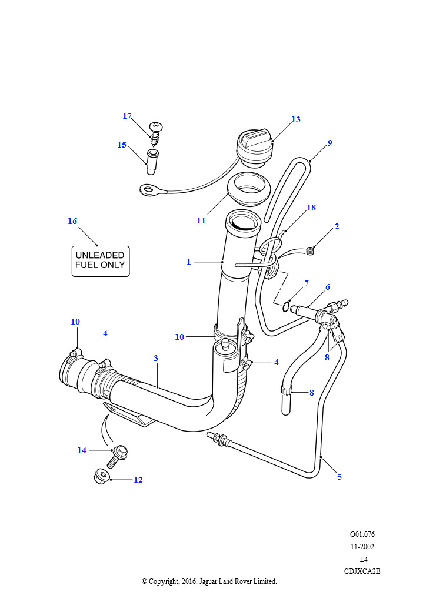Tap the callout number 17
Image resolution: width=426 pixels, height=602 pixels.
[x=127, y=116]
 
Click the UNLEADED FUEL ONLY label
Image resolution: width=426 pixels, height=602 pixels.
[x=100, y=260]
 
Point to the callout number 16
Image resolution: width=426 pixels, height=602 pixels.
[x=72, y=221]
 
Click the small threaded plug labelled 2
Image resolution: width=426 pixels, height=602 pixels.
[x=311, y=252]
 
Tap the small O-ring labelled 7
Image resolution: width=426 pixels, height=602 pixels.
[x=285, y=306]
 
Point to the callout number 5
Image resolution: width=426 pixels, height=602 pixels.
[x=340, y=477]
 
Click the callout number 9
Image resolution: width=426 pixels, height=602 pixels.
[x=330, y=143]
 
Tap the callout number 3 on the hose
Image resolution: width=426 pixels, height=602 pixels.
[x=156, y=358]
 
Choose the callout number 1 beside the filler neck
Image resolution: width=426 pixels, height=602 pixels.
[x=189, y=262]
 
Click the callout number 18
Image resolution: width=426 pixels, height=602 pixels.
[x=311, y=208]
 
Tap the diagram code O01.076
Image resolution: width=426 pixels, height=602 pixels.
[x=362, y=534]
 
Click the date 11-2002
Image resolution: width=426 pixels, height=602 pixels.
[x=362, y=546]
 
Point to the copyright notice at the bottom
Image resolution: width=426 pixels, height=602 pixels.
[x=209, y=581]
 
